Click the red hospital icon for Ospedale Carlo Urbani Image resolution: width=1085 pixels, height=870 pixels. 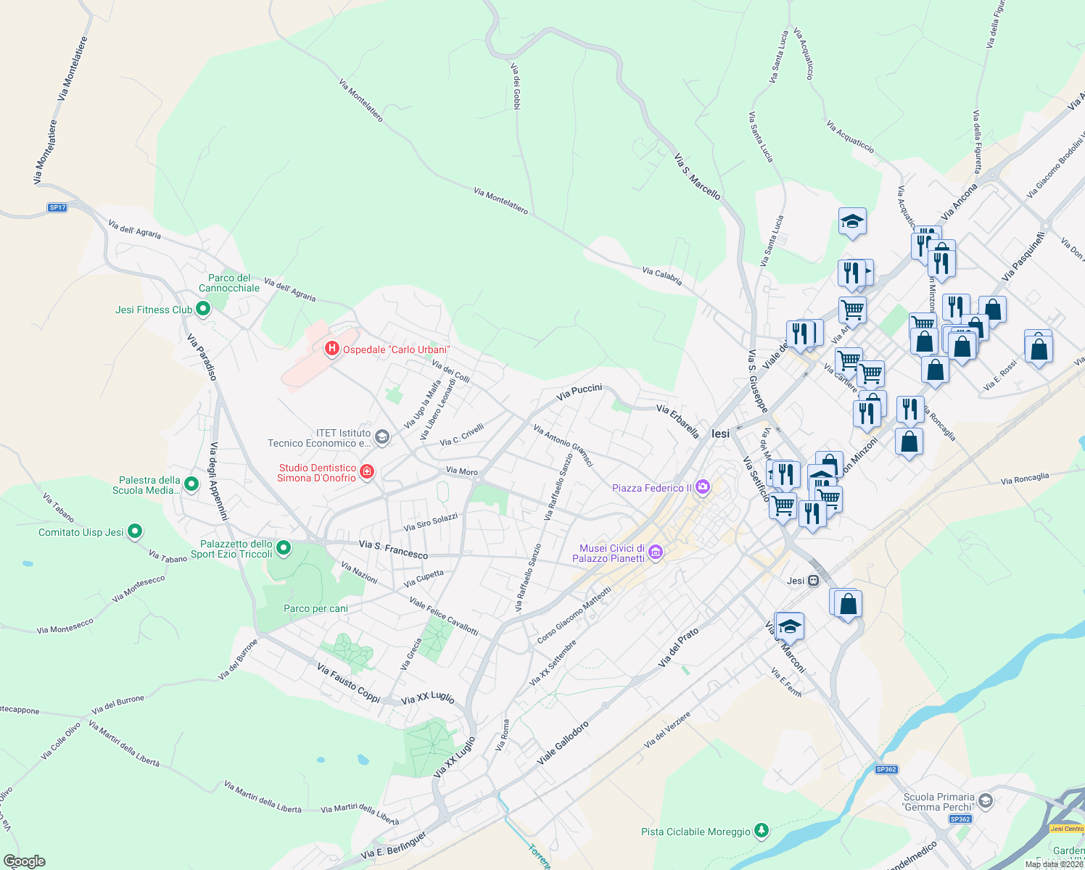[x=331, y=349]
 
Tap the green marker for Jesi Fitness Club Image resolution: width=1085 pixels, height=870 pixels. [x=203, y=310]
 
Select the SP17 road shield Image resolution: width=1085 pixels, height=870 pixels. [x=57, y=207]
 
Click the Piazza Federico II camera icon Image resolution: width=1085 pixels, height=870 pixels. [x=702, y=487]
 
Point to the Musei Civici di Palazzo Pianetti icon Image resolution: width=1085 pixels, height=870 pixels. [x=656, y=553]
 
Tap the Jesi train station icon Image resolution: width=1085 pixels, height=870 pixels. [x=814, y=581]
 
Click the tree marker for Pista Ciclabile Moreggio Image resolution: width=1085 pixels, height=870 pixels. [x=761, y=831]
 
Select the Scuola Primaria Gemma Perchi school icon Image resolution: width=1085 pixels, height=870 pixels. [x=985, y=801]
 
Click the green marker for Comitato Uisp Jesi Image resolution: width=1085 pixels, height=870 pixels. [x=134, y=532]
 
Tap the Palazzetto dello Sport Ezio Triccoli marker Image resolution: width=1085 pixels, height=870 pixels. [x=284, y=549]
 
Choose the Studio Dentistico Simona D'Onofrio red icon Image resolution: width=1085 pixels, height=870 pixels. [x=367, y=473]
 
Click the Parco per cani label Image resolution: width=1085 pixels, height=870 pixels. [x=315, y=609]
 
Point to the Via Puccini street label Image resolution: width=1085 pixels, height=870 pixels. [x=579, y=392]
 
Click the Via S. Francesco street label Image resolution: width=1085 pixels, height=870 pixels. [x=393, y=550]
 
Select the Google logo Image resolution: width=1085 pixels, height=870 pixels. [x=25, y=861]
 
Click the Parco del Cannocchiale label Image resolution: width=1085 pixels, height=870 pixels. [x=229, y=283]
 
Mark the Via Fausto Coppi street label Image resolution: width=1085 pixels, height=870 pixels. [x=348, y=683]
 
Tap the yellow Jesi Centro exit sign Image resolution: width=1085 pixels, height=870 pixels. [x=1066, y=829]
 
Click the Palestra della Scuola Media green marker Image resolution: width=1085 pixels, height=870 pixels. [x=191, y=484]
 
